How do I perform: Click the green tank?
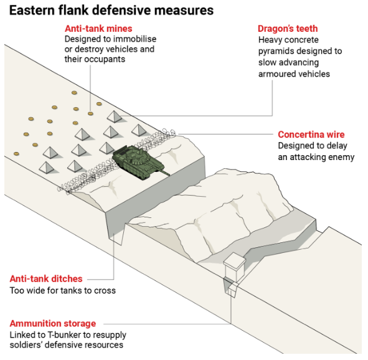tap(138, 162)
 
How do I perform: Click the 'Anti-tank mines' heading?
tap(98, 29)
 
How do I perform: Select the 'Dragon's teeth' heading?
tap(288, 29)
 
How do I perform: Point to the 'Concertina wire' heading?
tap(311, 135)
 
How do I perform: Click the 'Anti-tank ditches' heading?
tap(46, 279)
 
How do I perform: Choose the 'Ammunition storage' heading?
tap(53, 323)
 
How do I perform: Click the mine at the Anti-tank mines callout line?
tap(90, 113)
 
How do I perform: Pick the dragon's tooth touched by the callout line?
tap(115, 116)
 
